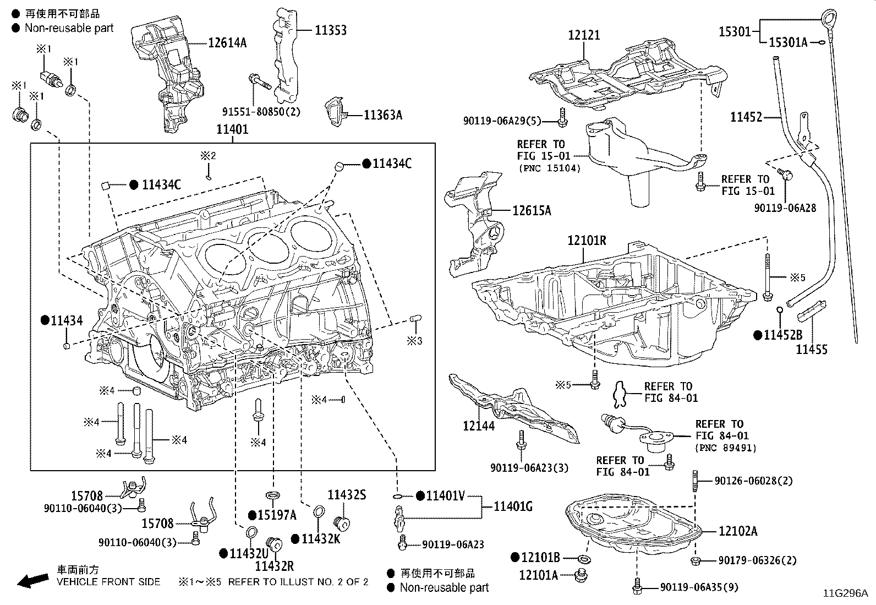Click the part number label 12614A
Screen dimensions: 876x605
pyautogui.click(x=227, y=42)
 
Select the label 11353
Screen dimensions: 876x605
pyautogui.click(x=331, y=30)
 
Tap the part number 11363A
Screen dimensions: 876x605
pyautogui.click(x=383, y=115)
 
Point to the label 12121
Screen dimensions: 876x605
pyautogui.click(x=584, y=35)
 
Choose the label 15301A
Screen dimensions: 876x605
pyautogui.click(x=788, y=42)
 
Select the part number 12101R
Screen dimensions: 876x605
pyautogui.click(x=587, y=240)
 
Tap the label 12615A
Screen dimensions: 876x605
pyautogui.click(x=532, y=210)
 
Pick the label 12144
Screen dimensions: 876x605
pyautogui.click(x=479, y=426)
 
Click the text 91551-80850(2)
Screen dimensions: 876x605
pyautogui.click(x=261, y=112)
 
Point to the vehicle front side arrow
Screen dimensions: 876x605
pyautogui.click(x=33, y=580)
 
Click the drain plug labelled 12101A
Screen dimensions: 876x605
pyautogui.click(x=582, y=575)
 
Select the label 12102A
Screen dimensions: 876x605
pyautogui.click(x=738, y=531)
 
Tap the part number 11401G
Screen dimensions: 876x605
pyautogui.click(x=513, y=507)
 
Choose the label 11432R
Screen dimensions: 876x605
pyautogui.click(x=275, y=566)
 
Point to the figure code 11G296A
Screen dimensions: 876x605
pyautogui.click(x=846, y=593)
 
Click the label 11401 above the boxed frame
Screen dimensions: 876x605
pyautogui.click(x=232, y=129)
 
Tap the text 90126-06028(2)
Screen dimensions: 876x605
pyautogui.click(x=754, y=481)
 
